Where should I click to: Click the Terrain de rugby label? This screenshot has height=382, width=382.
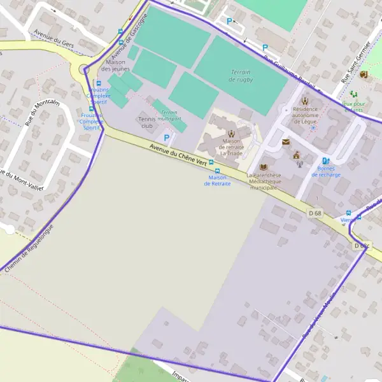[x=240, y=75]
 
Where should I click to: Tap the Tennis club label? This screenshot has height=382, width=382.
[x=146, y=122]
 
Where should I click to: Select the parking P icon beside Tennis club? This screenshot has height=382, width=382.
[x=167, y=137]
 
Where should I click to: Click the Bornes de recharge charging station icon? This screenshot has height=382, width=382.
[x=326, y=162]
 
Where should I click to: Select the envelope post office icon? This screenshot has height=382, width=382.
[x=286, y=142]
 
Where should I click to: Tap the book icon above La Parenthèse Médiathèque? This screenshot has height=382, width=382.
[x=264, y=167]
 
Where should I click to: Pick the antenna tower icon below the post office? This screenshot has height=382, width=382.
[x=299, y=164]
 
